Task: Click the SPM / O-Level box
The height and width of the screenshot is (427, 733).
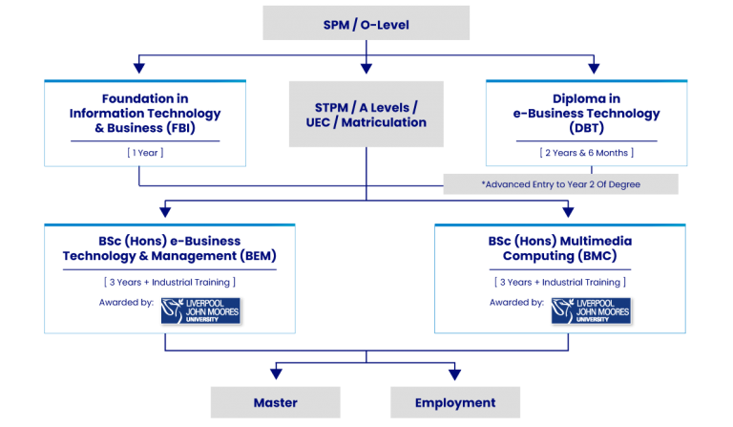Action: pyautogui.click(x=366, y=23)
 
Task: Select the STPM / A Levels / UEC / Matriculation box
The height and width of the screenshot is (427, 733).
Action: pyautogui.click(x=366, y=114)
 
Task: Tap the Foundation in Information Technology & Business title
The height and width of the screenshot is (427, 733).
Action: pyautogui.click(x=145, y=113)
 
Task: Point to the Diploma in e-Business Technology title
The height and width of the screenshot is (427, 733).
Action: pyautogui.click(x=586, y=114)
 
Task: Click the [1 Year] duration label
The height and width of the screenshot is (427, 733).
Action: pyautogui.click(x=145, y=152)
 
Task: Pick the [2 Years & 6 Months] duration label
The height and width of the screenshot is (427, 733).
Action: pyautogui.click(x=586, y=152)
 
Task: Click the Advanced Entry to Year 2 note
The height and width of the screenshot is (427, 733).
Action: pyautogui.click(x=561, y=183)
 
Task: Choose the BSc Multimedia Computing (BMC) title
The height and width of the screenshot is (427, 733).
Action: pyautogui.click(x=559, y=248)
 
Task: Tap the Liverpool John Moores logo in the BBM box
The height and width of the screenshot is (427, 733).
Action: pyautogui.click(x=200, y=310)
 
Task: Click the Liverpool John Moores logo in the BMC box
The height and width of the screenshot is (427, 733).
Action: pyautogui.click(x=591, y=310)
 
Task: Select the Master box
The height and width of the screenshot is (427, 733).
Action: pyautogui.click(x=276, y=402)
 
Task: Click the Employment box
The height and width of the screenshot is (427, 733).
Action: pyautogui.click(x=455, y=402)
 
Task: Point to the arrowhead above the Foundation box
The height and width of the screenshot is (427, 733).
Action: pyautogui.click(x=139, y=69)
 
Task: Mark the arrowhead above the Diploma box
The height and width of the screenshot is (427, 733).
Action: pyautogui.click(x=594, y=69)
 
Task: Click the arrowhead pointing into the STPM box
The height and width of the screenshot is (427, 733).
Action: pyautogui.click(x=366, y=69)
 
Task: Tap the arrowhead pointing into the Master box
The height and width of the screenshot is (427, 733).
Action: pyautogui.click(x=276, y=374)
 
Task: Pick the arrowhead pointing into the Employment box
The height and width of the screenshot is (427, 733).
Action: pyautogui.click(x=455, y=374)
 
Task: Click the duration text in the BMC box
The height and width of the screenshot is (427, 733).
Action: pyautogui.click(x=559, y=282)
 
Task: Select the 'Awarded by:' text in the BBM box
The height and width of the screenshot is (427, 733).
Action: pyautogui.click(x=125, y=303)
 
